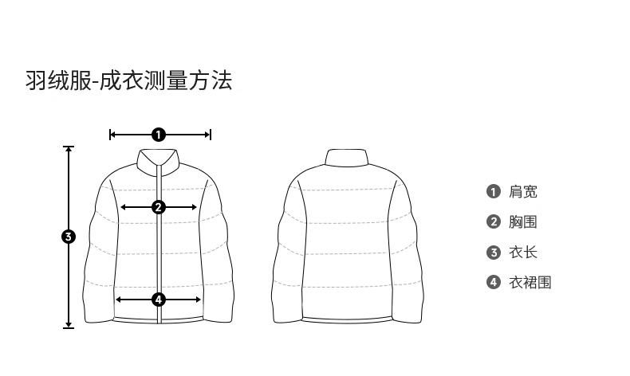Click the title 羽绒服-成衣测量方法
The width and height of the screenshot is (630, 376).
coord(129,80)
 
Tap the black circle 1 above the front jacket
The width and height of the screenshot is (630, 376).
coord(159,135)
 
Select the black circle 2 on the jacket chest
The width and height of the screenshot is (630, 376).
coord(159,207)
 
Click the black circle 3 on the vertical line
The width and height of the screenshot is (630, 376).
coord(69,237)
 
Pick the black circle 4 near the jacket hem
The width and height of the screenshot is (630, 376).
coord(159,300)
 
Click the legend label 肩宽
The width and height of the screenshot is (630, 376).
coord(522,191)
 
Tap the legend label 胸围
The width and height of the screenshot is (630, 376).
coord(522,221)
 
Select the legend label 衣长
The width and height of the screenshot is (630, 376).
coord(522,252)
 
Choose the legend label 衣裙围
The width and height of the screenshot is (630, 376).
coord(530,282)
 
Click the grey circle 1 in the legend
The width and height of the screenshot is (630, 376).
coord(494,191)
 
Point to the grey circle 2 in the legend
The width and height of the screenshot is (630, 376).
coord(494,221)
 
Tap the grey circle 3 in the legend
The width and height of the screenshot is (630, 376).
coord(494,253)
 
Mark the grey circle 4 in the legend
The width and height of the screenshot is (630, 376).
coord(494,282)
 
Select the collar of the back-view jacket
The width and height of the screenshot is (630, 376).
coord(346,157)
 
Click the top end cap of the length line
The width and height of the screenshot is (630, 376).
coord(69,147)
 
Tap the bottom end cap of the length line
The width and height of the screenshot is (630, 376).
coord(69,328)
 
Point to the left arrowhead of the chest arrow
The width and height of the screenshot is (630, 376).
coord(124,207)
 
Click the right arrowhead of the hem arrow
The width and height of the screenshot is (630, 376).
coord(198,300)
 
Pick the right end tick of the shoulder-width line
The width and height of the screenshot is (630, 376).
coord(211,135)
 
